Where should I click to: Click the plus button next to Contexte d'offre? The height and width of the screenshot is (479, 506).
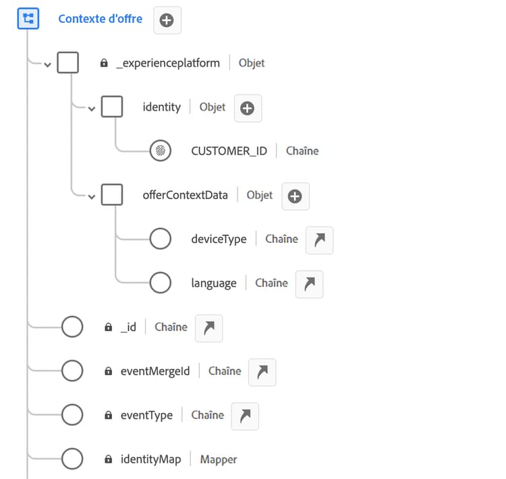[167, 20]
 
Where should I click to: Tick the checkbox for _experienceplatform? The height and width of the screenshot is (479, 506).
[67, 63]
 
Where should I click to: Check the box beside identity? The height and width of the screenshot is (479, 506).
[111, 107]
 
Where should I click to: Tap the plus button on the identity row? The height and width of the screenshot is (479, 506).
[248, 108]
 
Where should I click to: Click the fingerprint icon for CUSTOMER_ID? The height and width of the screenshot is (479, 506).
[160, 151]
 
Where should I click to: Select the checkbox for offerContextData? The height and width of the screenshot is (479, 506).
[111, 195]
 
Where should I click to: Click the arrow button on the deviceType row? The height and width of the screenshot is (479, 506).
[319, 240]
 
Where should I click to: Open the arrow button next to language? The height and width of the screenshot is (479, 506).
[309, 284]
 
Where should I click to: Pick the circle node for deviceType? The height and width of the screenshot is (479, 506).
[160, 239]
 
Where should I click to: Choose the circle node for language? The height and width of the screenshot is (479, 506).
[160, 283]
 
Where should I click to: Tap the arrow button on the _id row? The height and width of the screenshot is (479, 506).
[208, 328]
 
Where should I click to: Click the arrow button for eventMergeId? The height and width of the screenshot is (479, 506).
[262, 372]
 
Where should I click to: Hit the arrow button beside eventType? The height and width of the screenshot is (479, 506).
[245, 416]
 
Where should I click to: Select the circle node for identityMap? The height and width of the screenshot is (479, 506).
[72, 459]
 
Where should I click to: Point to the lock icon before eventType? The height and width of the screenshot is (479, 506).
[108, 416]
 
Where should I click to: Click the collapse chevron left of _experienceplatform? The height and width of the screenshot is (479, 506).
[47, 65]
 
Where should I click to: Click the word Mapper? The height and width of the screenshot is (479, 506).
[219, 459]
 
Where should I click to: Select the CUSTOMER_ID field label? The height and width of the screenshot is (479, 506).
[229, 151]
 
